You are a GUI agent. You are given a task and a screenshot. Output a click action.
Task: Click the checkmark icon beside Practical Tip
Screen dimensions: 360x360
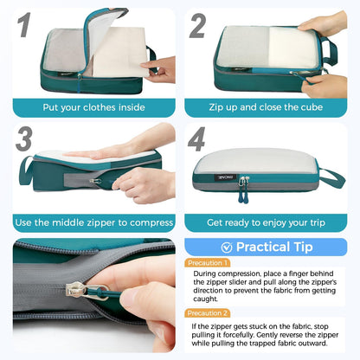click(227, 247)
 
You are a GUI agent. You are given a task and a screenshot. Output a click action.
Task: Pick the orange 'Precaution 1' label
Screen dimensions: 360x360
click(208, 262)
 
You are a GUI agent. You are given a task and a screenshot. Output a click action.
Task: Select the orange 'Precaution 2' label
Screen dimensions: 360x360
click(208, 313)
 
